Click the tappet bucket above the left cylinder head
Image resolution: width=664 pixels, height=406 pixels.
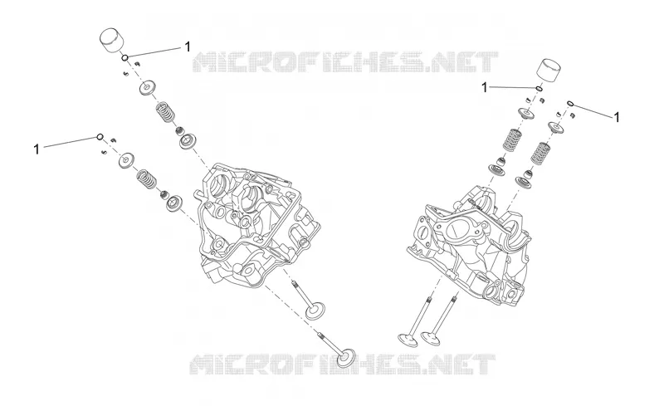(x=111, y=41)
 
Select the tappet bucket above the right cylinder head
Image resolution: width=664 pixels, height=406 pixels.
(x=549, y=69)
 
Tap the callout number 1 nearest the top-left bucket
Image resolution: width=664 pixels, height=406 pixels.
(x=188, y=46)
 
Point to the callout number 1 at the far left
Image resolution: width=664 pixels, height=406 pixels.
(x=37, y=149)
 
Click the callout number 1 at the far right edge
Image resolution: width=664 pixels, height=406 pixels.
(x=617, y=117)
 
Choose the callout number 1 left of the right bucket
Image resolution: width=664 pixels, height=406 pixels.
(x=485, y=88)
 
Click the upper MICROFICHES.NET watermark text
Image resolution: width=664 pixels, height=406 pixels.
(x=345, y=62)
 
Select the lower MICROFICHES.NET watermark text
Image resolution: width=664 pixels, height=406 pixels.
(x=342, y=364)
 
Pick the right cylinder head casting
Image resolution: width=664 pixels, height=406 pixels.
(x=469, y=242)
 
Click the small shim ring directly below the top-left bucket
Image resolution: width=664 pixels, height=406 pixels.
(x=125, y=57)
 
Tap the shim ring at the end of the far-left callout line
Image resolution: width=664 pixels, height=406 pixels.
(x=100, y=136)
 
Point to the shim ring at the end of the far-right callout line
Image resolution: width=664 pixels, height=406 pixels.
(x=570, y=104)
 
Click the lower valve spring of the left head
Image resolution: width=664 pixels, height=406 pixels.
(x=147, y=179)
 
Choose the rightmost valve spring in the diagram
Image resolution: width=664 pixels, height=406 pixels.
(x=540, y=153)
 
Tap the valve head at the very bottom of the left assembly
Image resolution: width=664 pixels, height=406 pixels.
(x=346, y=359)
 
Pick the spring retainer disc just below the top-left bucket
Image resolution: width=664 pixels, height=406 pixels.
(x=147, y=88)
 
